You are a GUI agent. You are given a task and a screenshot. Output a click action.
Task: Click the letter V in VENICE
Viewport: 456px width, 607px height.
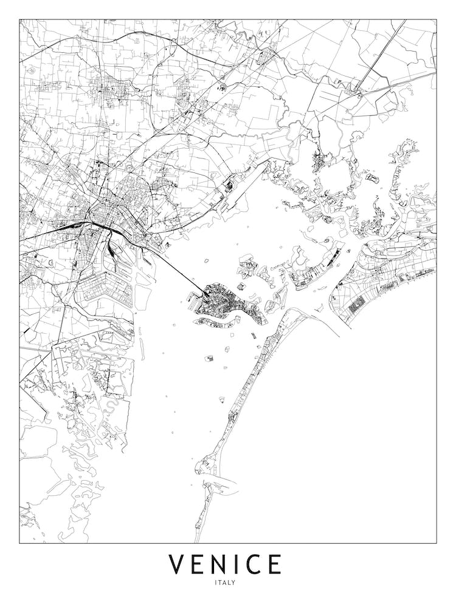[x=177, y=564]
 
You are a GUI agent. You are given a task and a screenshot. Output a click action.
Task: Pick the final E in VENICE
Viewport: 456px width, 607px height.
[x=274, y=564]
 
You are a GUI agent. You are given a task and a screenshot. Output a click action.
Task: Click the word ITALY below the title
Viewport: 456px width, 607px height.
[x=225, y=583]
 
